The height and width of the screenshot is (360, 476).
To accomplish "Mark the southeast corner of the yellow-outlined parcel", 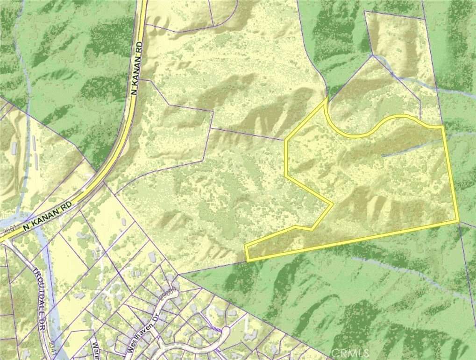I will click(x=457, y=220).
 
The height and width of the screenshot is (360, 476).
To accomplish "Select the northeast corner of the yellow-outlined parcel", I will click(x=441, y=126).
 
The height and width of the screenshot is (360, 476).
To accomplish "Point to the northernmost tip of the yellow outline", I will click(x=325, y=99).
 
